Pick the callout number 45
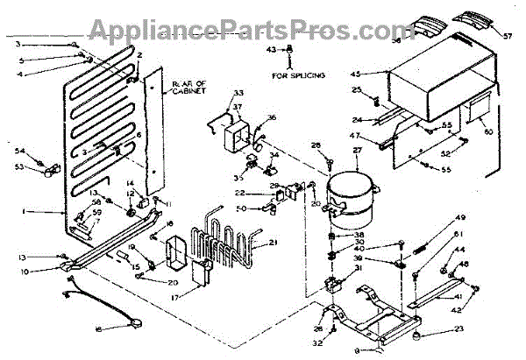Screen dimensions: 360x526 380,74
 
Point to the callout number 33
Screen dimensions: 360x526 238,92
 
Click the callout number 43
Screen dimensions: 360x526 271,50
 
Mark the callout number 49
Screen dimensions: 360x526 460,217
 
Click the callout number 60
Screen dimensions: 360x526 489,131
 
